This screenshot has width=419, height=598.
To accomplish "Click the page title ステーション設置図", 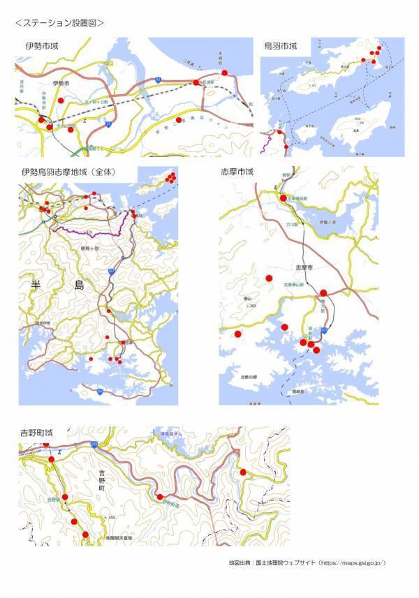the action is coord(59,22).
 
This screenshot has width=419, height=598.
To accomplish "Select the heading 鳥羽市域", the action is coord(280,46).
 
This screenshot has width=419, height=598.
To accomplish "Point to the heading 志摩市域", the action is coord(237,172).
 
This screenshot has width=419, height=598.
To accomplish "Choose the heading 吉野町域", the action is coord(37,434).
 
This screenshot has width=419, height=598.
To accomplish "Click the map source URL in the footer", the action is coord(352,562).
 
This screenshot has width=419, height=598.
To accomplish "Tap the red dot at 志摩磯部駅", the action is coord(283,198).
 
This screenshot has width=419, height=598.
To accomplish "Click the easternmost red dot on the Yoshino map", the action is coord(243,472).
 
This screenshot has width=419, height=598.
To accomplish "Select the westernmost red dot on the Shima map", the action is coord(237,335).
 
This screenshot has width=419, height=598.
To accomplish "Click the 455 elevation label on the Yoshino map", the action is coord(111,517).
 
